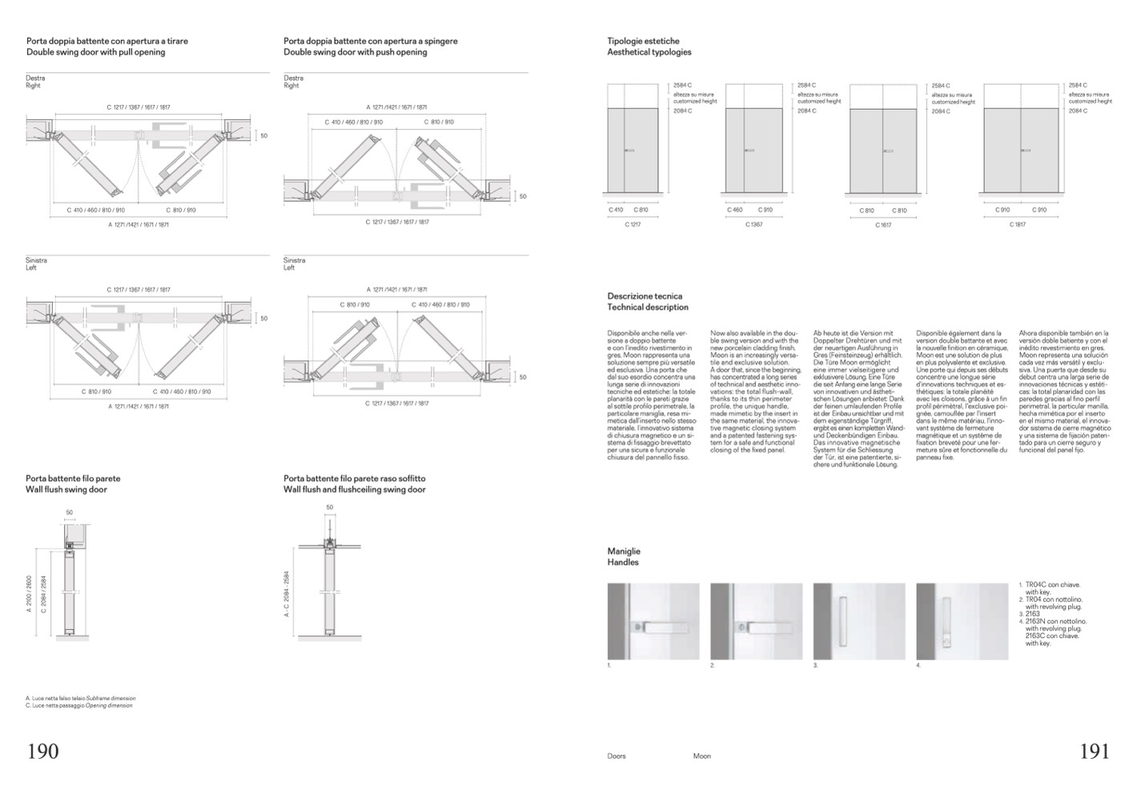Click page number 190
pos(43,752)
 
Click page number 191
pos(1095,752)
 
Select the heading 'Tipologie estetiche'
pos(643,41)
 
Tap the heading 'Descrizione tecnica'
pos(645,296)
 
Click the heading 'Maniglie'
pos(624,551)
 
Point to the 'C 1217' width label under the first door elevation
pos(633,224)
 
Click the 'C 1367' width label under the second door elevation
pos(754,224)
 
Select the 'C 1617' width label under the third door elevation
pos(882,225)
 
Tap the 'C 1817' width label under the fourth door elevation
pos(1017,224)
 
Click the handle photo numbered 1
pos(653,621)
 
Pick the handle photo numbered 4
pos(962,621)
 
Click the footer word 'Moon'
pos(701,756)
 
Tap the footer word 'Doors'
pos(617,756)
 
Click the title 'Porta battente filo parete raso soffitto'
pos(354,478)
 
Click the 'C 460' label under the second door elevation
pos(734,210)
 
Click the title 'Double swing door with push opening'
pos(355,52)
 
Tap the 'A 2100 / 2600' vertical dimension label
pos(30,593)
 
